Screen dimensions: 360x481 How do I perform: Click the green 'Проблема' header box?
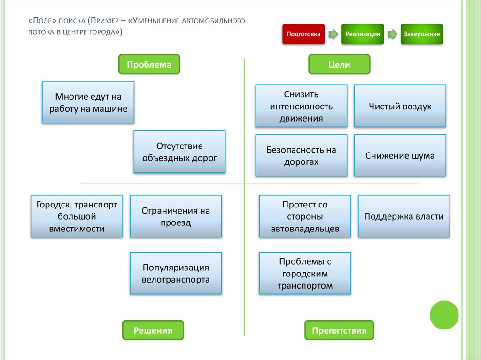tap(149, 64)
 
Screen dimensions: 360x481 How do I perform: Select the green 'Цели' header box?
tap(339, 64)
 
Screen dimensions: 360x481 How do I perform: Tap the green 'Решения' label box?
tap(153, 330)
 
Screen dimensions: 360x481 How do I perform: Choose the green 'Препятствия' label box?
tap(339, 330)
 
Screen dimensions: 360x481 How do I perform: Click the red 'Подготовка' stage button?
tap(303, 34)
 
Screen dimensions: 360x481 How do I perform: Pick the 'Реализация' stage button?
tap(363, 34)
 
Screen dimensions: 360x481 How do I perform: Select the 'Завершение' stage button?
tap(422, 34)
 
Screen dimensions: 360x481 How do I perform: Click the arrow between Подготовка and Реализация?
tap(333, 34)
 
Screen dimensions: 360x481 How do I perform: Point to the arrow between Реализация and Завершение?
tap(392, 34)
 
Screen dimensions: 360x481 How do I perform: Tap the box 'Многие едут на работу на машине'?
tap(88, 102)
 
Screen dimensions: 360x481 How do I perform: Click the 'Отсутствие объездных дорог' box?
tap(179, 152)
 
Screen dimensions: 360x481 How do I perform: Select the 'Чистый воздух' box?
tap(400, 106)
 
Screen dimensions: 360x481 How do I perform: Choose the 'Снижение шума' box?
tap(400, 156)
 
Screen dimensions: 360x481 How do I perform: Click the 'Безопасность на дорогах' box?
tap(301, 156)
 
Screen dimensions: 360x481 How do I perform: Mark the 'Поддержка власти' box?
tap(403, 216)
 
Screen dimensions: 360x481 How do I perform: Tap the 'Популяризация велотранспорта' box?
tap(176, 274)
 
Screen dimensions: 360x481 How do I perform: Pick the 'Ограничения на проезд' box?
tap(176, 216)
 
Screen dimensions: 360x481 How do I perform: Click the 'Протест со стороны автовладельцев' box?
tap(305, 216)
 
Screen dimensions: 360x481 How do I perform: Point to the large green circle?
tap(444, 315)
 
